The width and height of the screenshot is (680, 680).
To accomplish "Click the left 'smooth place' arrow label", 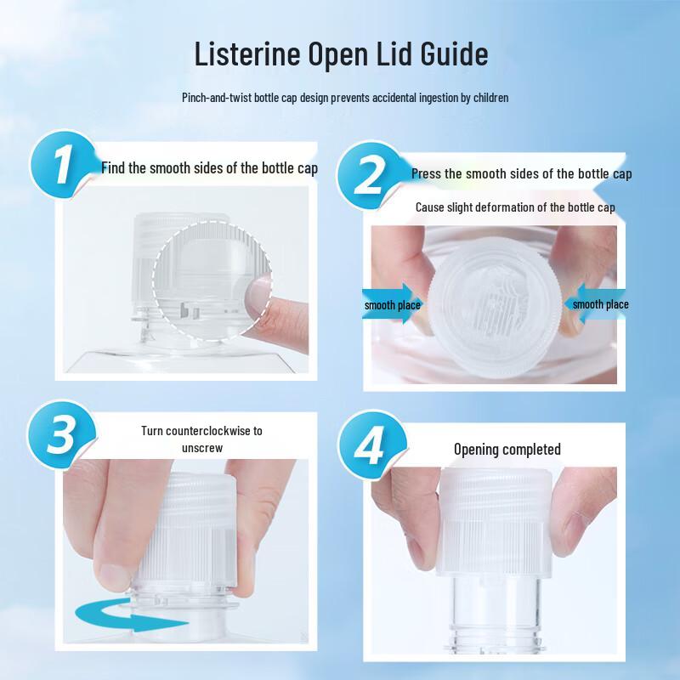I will click(x=391, y=305).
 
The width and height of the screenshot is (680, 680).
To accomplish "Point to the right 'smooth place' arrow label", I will click(x=598, y=304).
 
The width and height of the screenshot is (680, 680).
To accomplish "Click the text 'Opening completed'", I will click(x=507, y=449).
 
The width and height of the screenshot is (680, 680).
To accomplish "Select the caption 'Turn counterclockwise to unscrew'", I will click(x=201, y=438).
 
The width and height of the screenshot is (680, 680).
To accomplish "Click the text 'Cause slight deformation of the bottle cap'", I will click(x=515, y=207).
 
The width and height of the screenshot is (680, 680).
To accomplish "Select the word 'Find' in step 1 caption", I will click(x=113, y=167).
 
